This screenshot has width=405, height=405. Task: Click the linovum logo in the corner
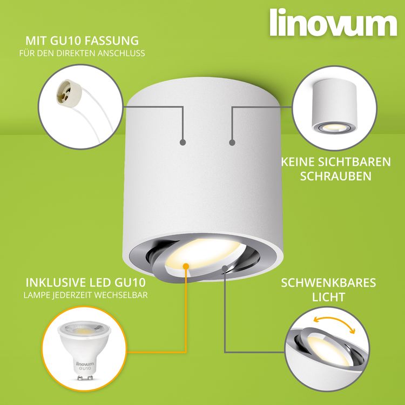[x=333, y=23]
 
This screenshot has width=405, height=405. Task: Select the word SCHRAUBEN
[x=336, y=176]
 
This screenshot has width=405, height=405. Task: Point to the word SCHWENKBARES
[x=328, y=283]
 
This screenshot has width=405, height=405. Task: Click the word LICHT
[x=328, y=297]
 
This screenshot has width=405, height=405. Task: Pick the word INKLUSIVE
[x=56, y=282]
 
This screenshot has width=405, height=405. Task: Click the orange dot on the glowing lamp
[x=186, y=266]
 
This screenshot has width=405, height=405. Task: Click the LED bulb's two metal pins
[x=85, y=378]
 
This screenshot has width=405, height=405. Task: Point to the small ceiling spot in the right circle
[x=334, y=106]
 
